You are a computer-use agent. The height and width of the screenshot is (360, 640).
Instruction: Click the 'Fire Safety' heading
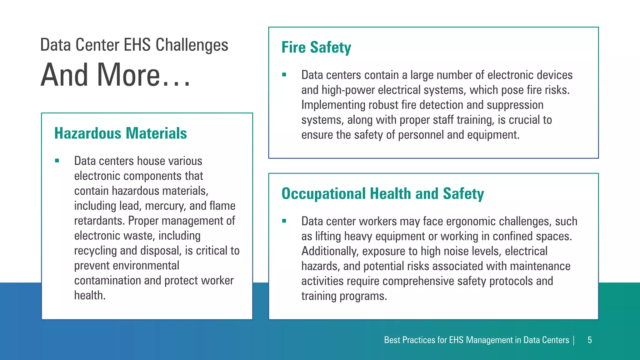(x=316, y=47)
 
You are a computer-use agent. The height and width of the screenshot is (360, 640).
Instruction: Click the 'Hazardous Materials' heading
(x=121, y=133)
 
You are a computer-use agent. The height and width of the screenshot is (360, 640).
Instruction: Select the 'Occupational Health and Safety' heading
(x=382, y=194)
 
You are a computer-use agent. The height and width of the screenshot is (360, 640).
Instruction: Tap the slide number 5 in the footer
(x=589, y=340)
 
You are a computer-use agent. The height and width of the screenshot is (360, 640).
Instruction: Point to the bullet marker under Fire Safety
(x=284, y=75)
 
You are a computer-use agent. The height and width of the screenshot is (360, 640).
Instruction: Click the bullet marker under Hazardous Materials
(x=57, y=161)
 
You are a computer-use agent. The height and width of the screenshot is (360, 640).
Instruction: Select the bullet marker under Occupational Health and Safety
(x=284, y=221)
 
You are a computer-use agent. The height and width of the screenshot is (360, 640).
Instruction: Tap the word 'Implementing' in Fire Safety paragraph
(x=333, y=105)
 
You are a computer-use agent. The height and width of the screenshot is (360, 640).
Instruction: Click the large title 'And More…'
(x=115, y=75)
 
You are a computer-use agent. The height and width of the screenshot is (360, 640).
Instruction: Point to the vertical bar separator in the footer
(x=574, y=340)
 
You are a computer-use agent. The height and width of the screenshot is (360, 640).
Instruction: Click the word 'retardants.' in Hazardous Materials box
(x=100, y=221)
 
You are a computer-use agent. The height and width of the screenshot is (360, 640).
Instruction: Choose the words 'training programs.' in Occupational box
(x=344, y=296)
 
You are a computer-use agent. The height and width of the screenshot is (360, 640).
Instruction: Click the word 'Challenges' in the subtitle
(x=192, y=45)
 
